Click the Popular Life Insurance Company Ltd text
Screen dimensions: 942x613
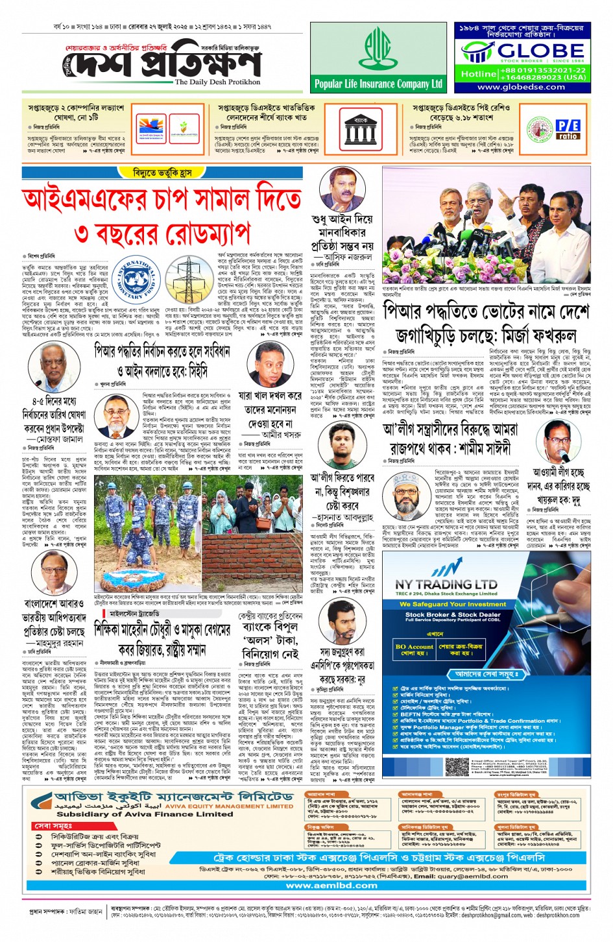[x=378, y=84]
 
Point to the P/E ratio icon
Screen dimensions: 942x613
[x=568, y=129]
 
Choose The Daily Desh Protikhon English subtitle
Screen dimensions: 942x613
[x=217, y=82]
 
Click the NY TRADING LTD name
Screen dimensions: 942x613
[x=446, y=585]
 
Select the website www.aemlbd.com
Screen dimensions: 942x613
[x=331, y=885]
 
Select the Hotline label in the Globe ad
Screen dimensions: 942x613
[x=478, y=74]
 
